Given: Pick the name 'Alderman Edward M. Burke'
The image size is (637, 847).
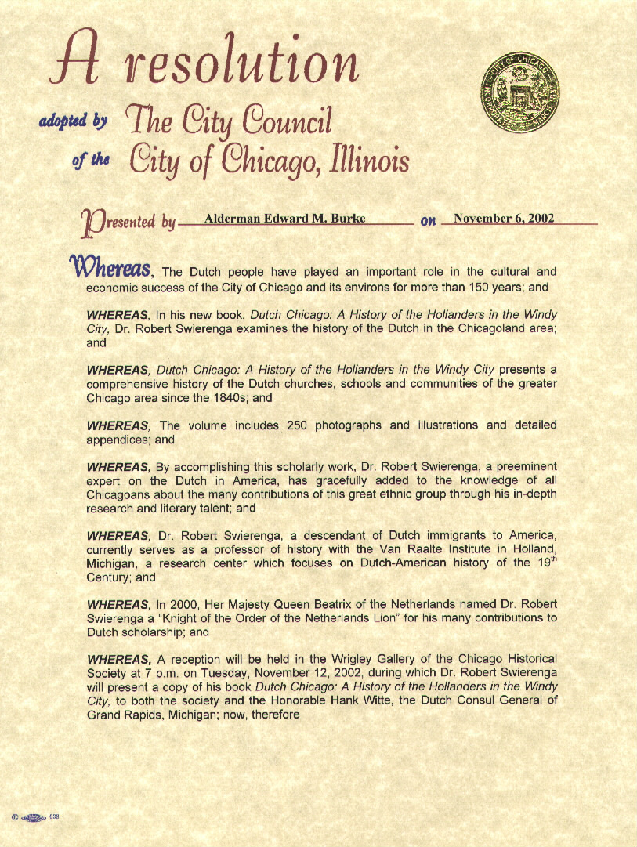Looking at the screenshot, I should tap(284, 219).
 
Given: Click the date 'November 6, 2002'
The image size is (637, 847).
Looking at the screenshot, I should tap(504, 218).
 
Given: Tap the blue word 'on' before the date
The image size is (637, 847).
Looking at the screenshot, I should tap(428, 221).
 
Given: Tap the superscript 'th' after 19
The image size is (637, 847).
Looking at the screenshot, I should tap(552, 559).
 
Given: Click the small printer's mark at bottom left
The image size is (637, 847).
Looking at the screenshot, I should tap(35, 817).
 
